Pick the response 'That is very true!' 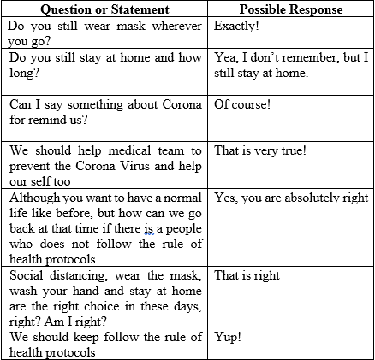point(260,151)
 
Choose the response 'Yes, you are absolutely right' point(292,198)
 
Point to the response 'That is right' point(247,275)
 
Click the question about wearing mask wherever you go point(106,32)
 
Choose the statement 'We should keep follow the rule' point(106,344)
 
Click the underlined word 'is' point(148,229)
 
